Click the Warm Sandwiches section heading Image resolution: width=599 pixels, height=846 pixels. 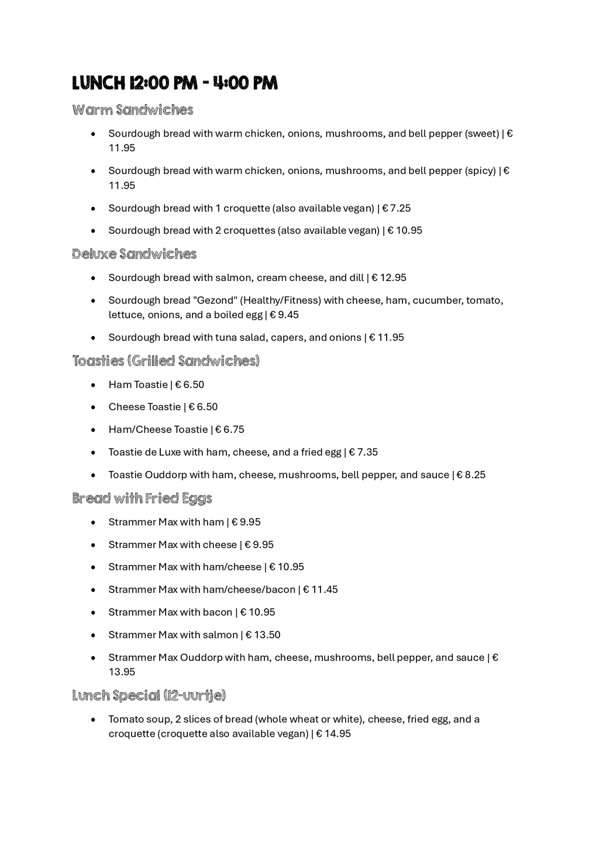(x=133, y=110)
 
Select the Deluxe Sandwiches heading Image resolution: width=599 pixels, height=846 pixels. (x=135, y=254)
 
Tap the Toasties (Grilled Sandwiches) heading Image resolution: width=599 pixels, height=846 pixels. (x=166, y=361)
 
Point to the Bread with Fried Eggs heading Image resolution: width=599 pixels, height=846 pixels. (x=142, y=498)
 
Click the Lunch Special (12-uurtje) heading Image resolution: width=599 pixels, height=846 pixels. (x=149, y=696)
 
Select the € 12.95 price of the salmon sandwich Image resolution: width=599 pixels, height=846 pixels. (x=389, y=278)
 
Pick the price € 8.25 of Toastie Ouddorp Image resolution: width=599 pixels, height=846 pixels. (x=471, y=475)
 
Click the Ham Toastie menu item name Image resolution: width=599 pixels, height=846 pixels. (x=138, y=384)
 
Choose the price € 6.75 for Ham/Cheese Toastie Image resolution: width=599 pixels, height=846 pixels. (x=230, y=429)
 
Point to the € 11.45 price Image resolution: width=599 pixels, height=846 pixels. (x=321, y=590)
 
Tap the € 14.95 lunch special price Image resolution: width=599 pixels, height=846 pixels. (x=333, y=734)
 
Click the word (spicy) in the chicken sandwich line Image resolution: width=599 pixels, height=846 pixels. (x=480, y=171)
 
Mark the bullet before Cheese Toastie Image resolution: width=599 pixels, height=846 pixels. (x=94, y=407)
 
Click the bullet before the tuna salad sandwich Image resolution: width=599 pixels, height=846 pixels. (x=94, y=338)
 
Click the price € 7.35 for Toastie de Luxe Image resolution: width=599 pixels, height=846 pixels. (x=363, y=452)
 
